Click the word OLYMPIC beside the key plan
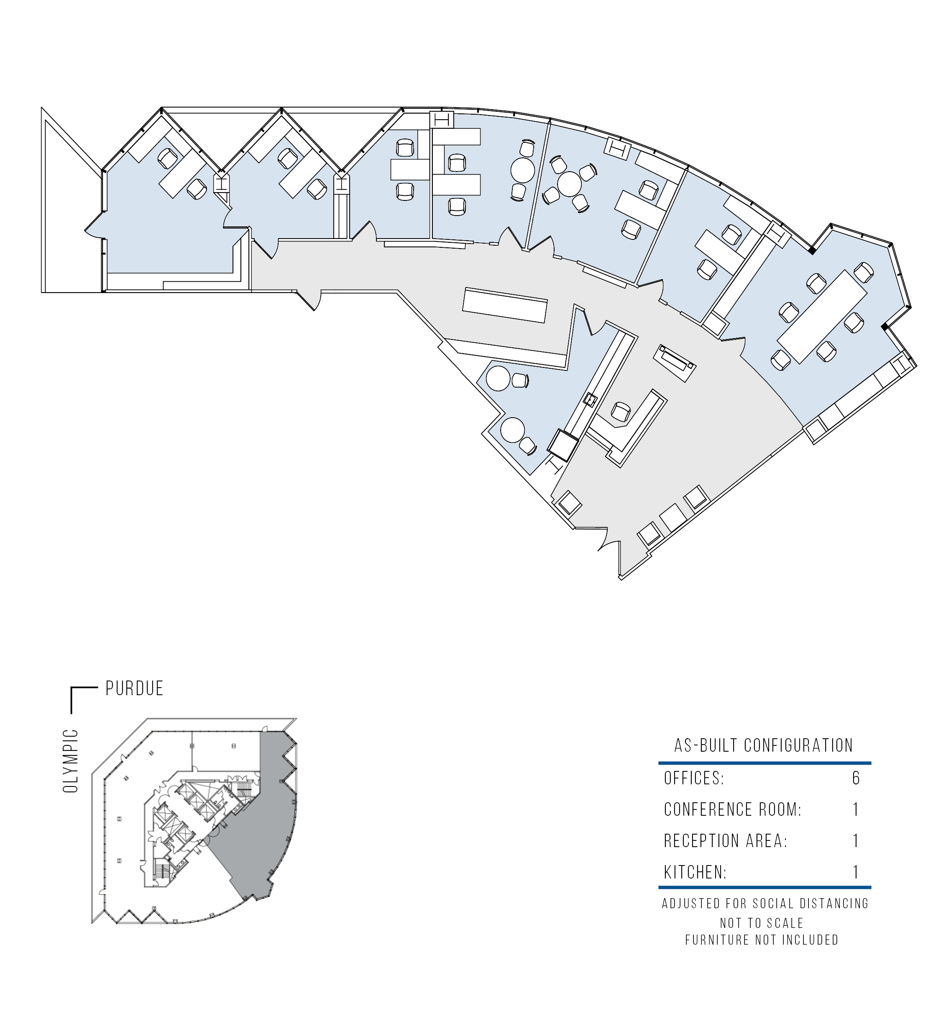coord(71,761)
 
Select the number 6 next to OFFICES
coord(856,778)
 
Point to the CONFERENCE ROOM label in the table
coord(732,809)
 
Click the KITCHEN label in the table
coord(696,872)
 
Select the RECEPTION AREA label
coord(725,840)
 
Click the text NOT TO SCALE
coord(762,923)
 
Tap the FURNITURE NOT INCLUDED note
coord(762,940)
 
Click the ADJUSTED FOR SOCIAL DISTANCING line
coord(765,904)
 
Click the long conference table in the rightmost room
coord(822,317)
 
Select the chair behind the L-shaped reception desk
coord(620,411)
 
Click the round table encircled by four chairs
coord(569,184)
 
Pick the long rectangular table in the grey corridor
coord(504,306)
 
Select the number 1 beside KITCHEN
coord(856,872)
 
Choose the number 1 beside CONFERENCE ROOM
coord(856,809)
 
